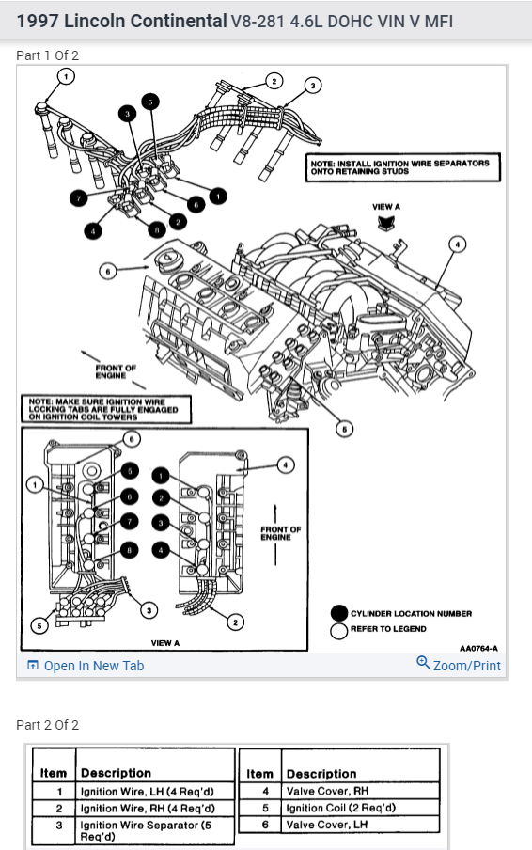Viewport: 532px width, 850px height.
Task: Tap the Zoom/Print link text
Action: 466,666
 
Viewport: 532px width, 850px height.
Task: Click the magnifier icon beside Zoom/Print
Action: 423,663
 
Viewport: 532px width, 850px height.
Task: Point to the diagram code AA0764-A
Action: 478,649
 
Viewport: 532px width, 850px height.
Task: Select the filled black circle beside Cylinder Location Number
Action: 339,613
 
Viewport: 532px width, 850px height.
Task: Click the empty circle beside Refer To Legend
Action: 339,631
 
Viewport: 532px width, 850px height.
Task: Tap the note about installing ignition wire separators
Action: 403,167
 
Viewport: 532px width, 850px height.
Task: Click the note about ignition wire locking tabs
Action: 106,409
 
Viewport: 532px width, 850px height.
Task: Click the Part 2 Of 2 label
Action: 48,725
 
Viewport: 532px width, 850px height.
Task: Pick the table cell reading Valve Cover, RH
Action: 360,791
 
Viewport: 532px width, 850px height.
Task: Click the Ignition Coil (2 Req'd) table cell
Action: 360,808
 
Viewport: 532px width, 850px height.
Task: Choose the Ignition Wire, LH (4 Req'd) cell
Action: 155,792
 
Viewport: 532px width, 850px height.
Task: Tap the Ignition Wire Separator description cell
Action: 155,830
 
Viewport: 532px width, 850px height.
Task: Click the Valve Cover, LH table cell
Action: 360,825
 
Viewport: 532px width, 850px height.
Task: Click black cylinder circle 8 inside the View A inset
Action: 129,551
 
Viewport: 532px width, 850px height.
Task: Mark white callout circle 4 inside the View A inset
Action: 286,465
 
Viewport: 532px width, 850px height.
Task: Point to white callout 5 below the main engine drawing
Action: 345,430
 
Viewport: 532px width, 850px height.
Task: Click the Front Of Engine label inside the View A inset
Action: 281,533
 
